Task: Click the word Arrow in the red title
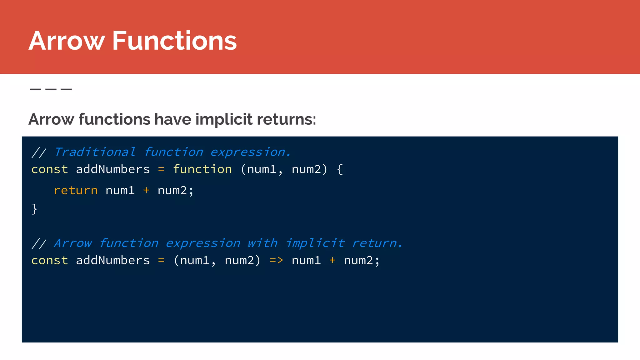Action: (66, 41)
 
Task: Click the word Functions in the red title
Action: (174, 41)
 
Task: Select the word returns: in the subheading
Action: (286, 119)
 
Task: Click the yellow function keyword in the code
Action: (202, 169)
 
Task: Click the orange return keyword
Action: (76, 191)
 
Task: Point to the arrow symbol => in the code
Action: (276, 260)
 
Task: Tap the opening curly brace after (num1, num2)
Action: (340, 169)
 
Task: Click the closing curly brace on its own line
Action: (34, 209)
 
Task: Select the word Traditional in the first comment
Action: (95, 152)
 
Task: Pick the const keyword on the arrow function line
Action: (50, 260)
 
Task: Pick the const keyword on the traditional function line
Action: (50, 169)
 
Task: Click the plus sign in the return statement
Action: (146, 190)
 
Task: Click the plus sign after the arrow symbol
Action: (332, 260)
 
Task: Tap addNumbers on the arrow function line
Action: (113, 260)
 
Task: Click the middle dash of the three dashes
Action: (51, 89)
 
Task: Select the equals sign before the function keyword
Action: (161, 169)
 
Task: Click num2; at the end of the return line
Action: (175, 191)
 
